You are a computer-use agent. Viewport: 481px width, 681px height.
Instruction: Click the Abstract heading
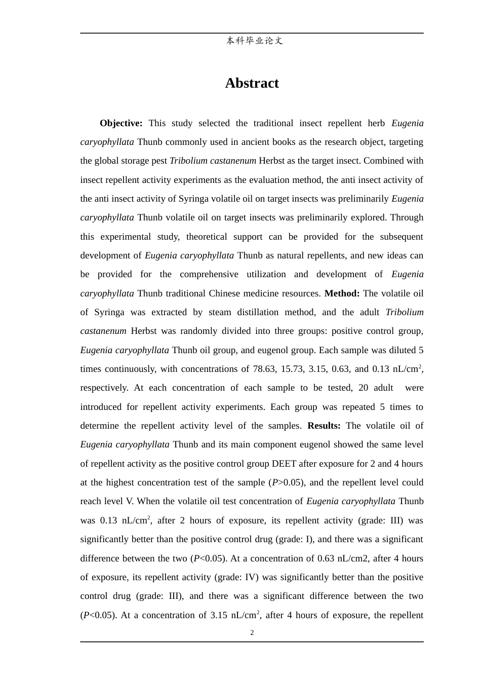(252, 83)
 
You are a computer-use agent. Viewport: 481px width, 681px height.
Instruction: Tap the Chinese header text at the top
(254, 41)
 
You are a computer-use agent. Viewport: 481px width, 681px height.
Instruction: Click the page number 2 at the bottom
(252, 632)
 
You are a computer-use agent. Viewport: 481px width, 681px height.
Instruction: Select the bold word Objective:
(121, 123)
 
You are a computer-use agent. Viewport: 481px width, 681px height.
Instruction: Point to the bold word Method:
(342, 293)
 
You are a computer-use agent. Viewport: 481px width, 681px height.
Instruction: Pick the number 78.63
(264, 369)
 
